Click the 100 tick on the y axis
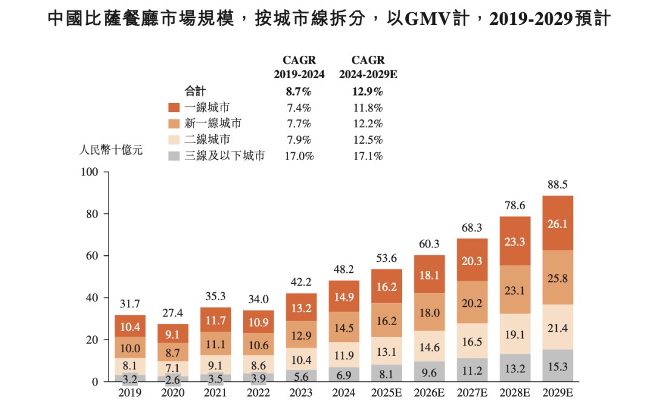click(x=89, y=172)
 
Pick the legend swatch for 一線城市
click(x=174, y=107)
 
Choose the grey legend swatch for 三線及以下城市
click(x=174, y=156)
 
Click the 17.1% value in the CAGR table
click(x=368, y=156)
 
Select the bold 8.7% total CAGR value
click(x=298, y=92)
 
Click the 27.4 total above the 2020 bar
click(x=172, y=313)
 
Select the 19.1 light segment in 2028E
click(x=515, y=334)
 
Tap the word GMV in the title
click(x=425, y=19)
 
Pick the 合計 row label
click(x=195, y=92)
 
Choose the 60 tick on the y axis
click(x=92, y=256)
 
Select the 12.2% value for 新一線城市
click(x=368, y=124)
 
